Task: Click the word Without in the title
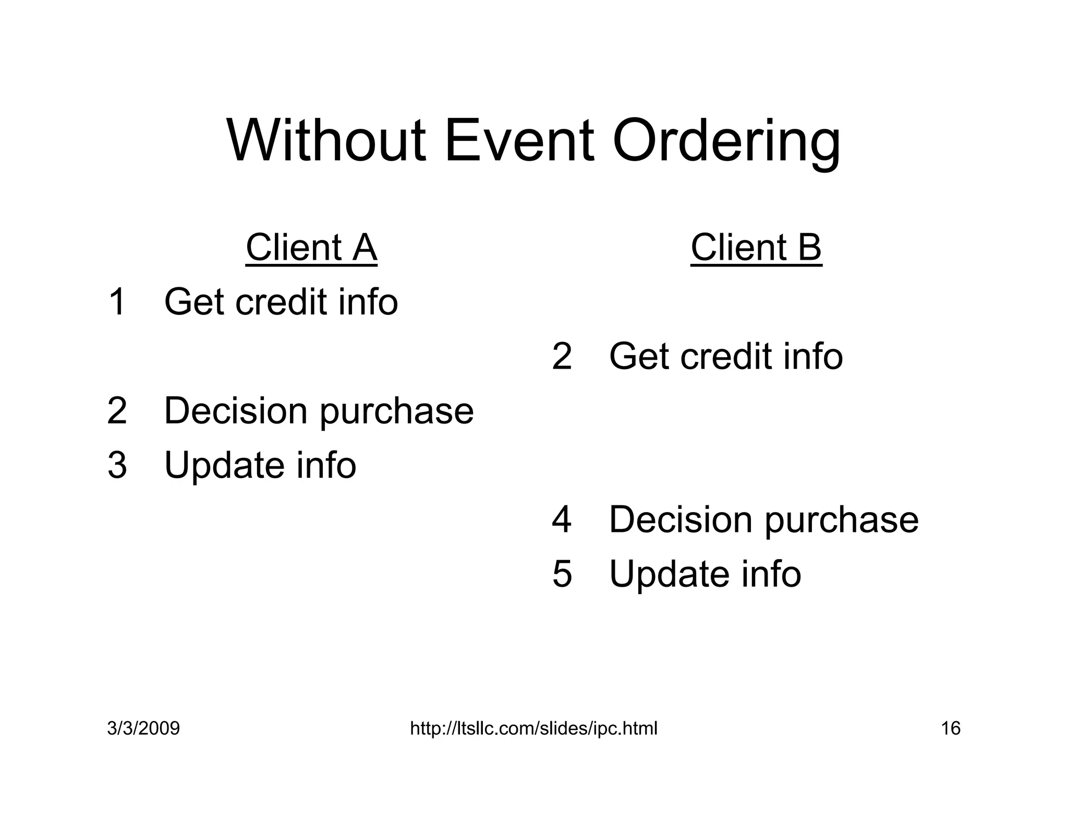[326, 141]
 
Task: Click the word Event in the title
[519, 141]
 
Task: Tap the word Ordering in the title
[726, 143]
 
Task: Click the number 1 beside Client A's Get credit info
[117, 302]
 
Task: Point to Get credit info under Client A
[281, 302]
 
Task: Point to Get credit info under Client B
[725, 357]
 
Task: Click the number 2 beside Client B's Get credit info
[562, 357]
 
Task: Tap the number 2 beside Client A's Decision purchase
[117, 411]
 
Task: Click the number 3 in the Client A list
[117, 465]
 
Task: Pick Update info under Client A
[260, 465]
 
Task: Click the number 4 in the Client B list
[562, 520]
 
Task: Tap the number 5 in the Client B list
[562, 574]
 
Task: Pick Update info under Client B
[705, 574]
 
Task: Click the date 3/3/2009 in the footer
[143, 729]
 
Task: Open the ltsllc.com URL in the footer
[533, 729]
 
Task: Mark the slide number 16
[950, 729]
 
